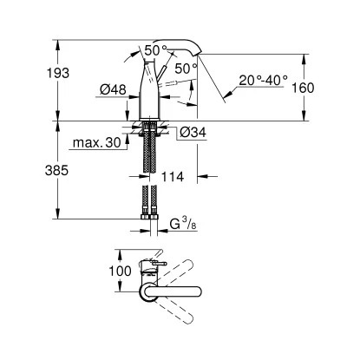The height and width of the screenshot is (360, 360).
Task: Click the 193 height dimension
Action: click(58, 73)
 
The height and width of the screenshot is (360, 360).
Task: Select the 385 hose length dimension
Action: click(56, 171)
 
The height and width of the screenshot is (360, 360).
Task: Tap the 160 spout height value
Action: click(303, 88)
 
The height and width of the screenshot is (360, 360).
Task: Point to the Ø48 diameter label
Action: click(113, 89)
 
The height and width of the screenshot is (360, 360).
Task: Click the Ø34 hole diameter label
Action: click(193, 133)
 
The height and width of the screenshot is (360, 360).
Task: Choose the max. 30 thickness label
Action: click(97, 142)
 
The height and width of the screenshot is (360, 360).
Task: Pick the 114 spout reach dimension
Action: click(173, 176)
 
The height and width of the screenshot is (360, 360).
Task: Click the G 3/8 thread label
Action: click(183, 224)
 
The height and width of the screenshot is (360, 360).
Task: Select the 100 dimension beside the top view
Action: click(120, 271)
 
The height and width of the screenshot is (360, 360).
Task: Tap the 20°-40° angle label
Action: click(264, 80)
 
